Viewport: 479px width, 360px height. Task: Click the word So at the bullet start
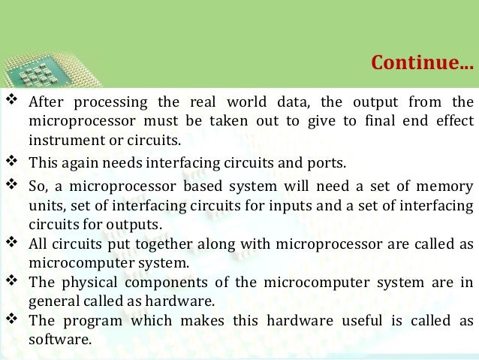(38, 186)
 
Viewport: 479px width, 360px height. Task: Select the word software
(59, 340)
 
